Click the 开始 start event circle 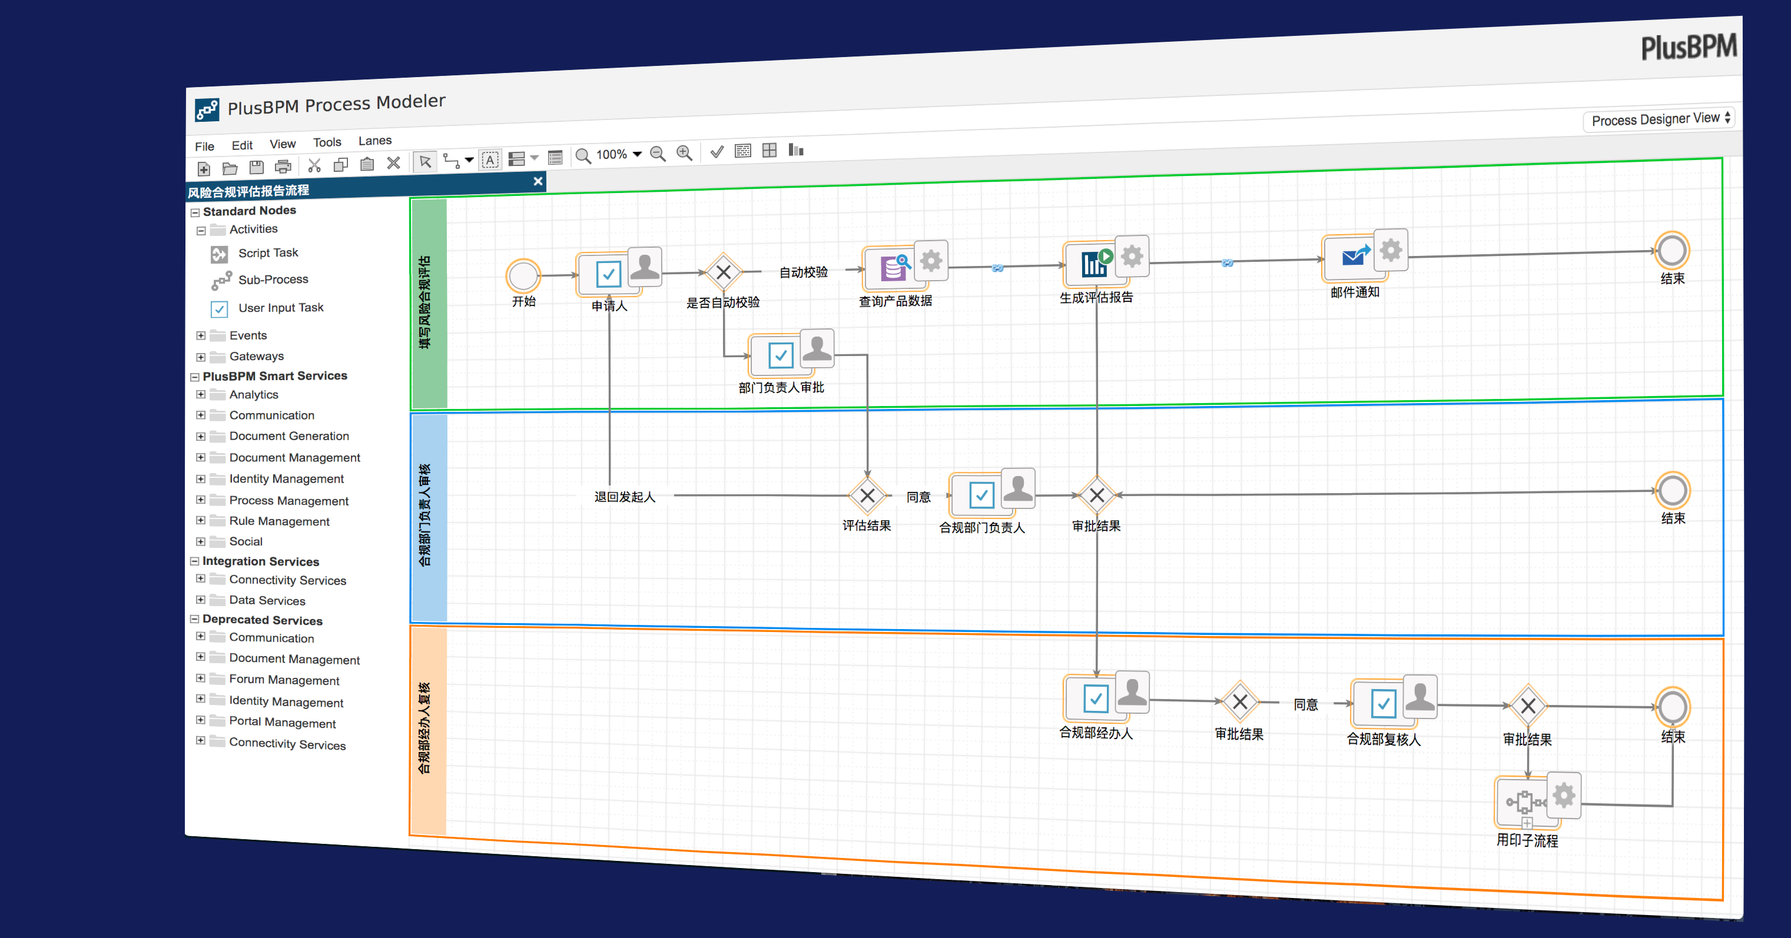click(523, 276)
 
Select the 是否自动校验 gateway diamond click(723, 272)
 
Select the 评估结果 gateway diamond click(867, 495)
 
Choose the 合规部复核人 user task click(1383, 703)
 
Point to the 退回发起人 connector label click(624, 496)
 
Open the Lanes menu click(375, 141)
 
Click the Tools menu click(327, 142)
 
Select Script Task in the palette click(268, 253)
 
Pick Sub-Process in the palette click(273, 280)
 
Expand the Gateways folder click(201, 357)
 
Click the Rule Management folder click(280, 521)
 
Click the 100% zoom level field click(612, 154)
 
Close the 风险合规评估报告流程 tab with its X click(538, 181)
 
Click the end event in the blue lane click(1672, 491)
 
